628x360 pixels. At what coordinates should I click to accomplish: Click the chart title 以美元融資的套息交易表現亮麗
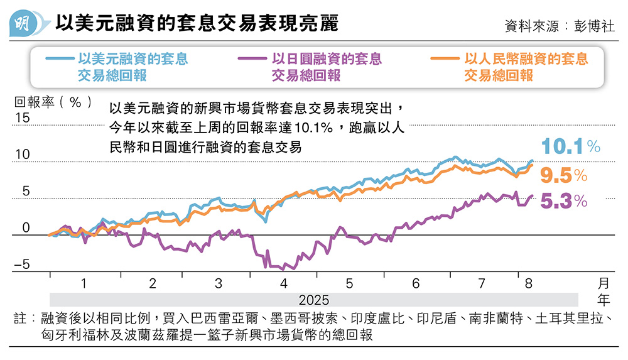click(197, 24)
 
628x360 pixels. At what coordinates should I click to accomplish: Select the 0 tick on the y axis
click(26, 227)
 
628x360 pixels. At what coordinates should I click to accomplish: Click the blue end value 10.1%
click(571, 147)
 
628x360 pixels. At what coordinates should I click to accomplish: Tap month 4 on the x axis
click(284, 283)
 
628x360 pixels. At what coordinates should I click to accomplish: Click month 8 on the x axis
click(528, 283)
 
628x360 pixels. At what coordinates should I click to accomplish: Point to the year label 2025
click(313, 299)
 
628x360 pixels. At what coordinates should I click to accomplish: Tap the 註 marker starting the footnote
click(20, 319)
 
